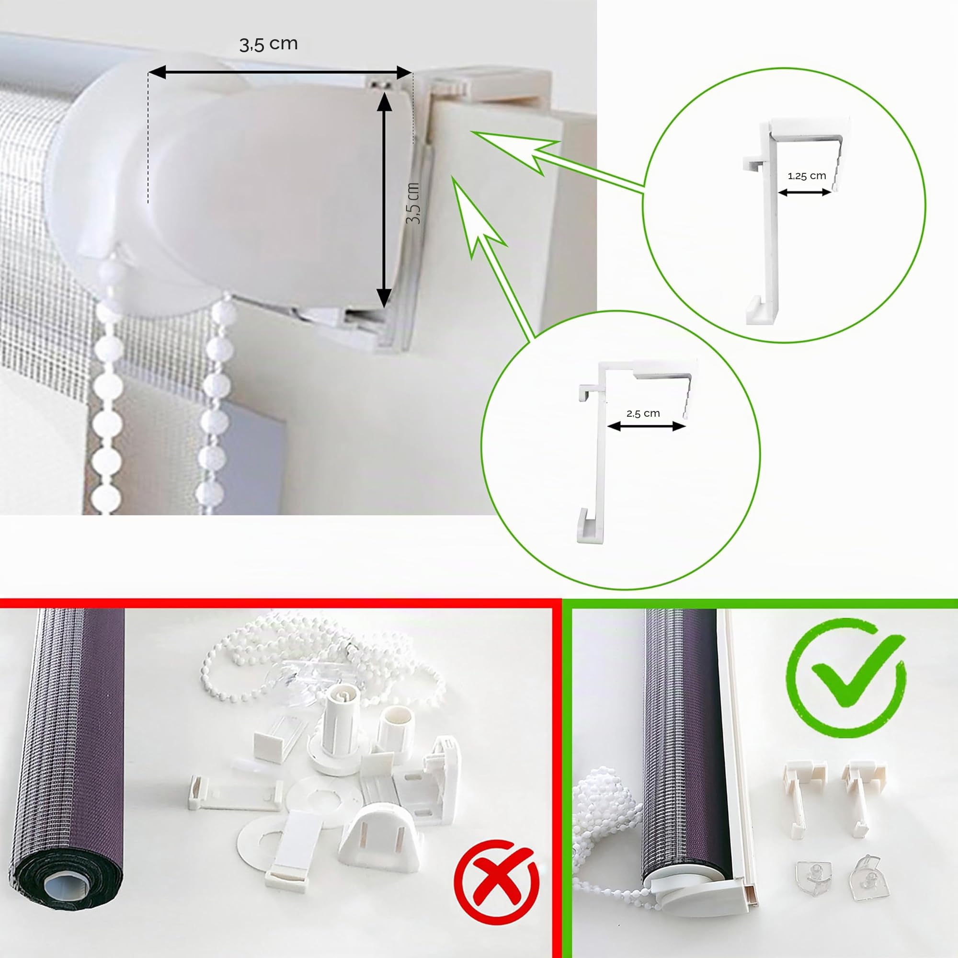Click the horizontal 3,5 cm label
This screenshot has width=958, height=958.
(x=268, y=44)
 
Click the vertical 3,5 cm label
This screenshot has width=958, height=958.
(x=412, y=203)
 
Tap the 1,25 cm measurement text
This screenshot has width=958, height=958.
(x=807, y=175)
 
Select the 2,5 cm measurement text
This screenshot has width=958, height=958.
(x=643, y=413)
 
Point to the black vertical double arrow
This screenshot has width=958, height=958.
(x=383, y=201)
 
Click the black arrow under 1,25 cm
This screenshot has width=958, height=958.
(x=804, y=193)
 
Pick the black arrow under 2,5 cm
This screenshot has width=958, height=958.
(x=646, y=426)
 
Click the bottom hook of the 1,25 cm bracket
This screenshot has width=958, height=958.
(x=758, y=310)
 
